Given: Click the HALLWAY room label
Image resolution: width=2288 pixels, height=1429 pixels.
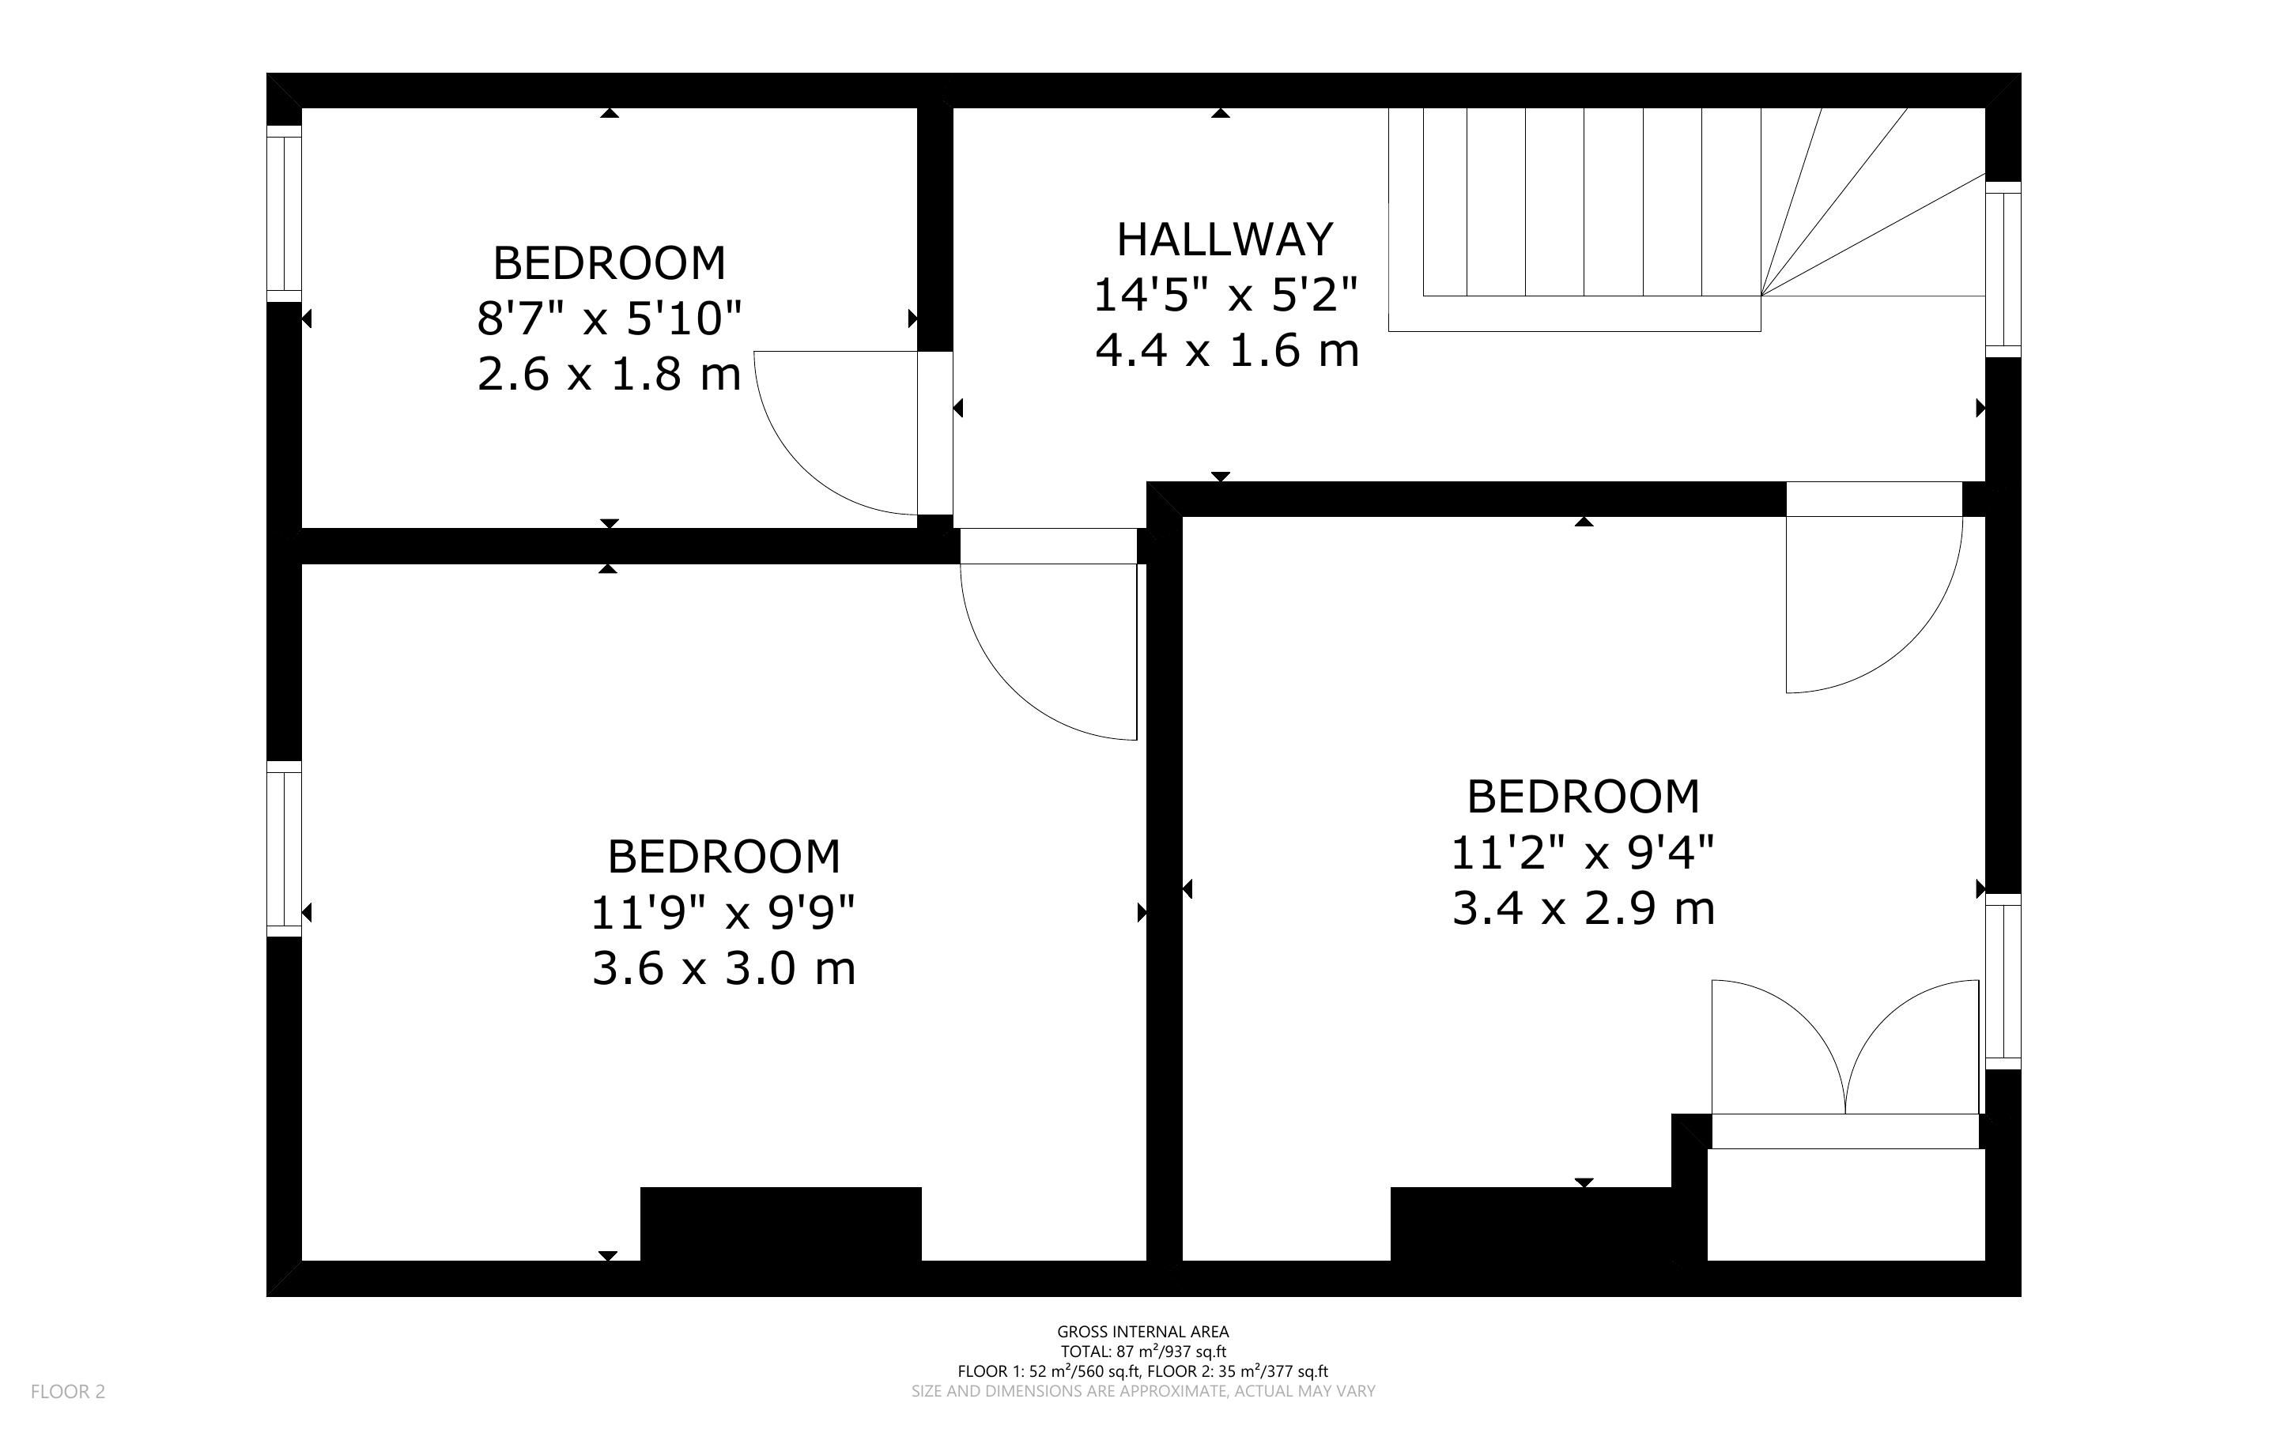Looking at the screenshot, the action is click(1225, 239).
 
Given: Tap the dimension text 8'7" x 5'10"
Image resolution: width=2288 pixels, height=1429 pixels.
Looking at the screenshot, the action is click(610, 319).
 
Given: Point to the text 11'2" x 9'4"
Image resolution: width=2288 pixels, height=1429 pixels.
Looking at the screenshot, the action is click(1583, 853).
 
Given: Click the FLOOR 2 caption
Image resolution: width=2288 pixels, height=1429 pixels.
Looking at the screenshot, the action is click(68, 1391).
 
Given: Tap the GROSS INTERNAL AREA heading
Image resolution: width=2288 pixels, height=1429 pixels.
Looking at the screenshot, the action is click(1142, 1333).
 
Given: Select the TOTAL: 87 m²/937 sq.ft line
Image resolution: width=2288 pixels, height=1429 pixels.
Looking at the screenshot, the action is click(1142, 1352).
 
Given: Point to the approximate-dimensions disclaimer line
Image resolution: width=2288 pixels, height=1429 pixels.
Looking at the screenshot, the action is click(1142, 1391).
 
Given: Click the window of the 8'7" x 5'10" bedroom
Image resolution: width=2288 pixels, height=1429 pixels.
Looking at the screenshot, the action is click(284, 214).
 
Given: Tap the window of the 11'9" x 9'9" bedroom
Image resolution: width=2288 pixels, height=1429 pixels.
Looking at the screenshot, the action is click(284, 849).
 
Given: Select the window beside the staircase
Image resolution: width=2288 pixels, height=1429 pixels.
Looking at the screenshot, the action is click(2003, 270).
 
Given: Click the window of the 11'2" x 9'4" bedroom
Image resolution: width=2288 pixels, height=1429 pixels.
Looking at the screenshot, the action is click(2003, 982).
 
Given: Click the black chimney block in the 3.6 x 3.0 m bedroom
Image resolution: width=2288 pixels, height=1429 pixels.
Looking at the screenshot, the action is click(780, 1224).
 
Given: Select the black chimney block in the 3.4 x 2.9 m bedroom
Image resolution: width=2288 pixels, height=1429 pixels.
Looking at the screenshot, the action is click(1531, 1224).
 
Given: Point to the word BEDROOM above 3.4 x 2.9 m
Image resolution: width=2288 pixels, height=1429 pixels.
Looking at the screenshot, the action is click(1583, 797).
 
